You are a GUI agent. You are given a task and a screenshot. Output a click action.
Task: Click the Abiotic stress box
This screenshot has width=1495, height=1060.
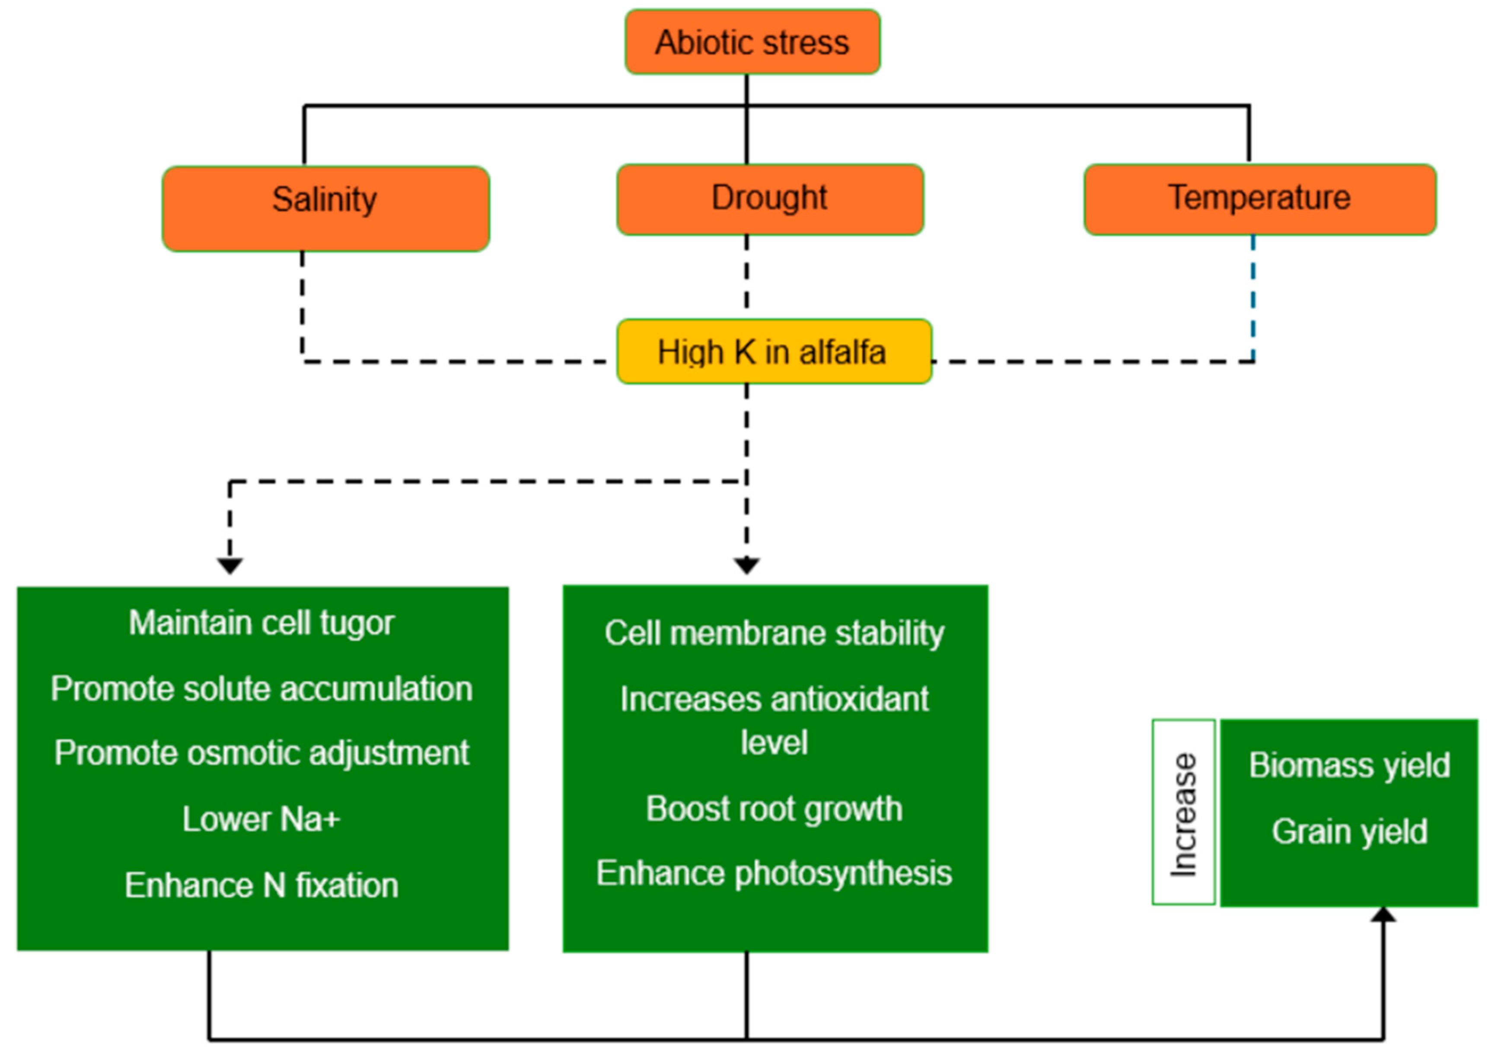(x=752, y=42)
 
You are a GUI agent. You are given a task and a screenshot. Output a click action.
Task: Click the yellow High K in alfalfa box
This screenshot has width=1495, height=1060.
(x=774, y=352)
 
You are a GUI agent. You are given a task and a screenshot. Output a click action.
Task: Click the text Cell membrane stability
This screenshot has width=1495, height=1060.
(x=774, y=633)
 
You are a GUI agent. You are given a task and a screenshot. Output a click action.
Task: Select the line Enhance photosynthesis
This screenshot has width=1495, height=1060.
(x=774, y=873)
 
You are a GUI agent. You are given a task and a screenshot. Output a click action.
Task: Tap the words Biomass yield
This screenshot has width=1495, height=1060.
(x=1349, y=765)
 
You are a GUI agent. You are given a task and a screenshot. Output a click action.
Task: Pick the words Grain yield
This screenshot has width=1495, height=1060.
(x=1349, y=831)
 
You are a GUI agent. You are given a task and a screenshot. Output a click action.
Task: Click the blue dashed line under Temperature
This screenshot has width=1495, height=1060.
(x=1253, y=297)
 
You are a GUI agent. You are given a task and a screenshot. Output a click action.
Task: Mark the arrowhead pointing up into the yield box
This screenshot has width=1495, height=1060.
(x=1383, y=915)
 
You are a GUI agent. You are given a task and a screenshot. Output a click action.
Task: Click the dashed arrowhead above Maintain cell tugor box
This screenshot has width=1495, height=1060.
(x=230, y=565)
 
